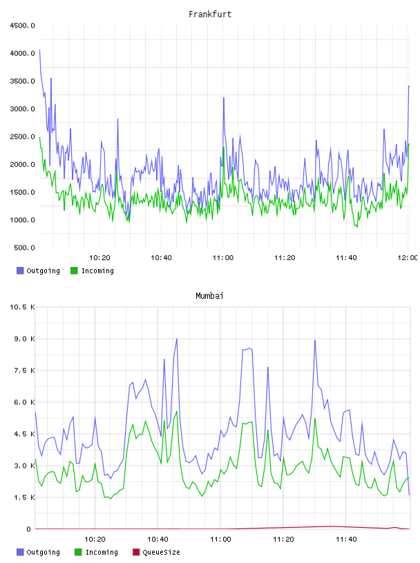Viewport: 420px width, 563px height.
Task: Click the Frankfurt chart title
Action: pos(210,14)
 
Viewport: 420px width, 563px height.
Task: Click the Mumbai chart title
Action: pos(209,296)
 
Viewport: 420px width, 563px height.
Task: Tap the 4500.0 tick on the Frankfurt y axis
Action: pos(22,26)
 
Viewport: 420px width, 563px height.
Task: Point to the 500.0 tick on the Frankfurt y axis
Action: pos(24,248)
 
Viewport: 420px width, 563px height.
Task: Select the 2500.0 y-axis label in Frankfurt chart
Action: pos(22,137)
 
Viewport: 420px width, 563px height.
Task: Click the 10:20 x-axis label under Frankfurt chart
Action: pos(99,258)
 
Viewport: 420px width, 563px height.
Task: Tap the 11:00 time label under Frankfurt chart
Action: pos(223,258)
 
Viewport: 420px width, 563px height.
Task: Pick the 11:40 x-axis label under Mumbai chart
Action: pos(346,540)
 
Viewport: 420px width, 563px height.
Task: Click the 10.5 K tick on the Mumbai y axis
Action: pos(22,307)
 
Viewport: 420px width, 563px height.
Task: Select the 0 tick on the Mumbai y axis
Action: pos(28,529)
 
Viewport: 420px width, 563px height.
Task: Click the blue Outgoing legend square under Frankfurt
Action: pos(20,270)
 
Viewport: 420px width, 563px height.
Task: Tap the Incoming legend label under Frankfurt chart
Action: pos(97,271)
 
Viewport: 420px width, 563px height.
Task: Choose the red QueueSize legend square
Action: pos(136,552)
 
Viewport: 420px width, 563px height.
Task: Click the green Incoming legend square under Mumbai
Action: pos(78,552)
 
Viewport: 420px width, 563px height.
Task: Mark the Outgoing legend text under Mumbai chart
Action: pos(43,553)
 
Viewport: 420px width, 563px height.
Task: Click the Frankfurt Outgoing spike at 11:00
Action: pos(224,98)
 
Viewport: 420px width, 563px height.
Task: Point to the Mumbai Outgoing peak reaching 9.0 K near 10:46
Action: pos(177,339)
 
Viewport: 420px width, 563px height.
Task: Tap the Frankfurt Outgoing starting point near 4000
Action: pos(39,50)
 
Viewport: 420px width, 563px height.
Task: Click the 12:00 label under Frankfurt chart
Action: pos(408,258)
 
